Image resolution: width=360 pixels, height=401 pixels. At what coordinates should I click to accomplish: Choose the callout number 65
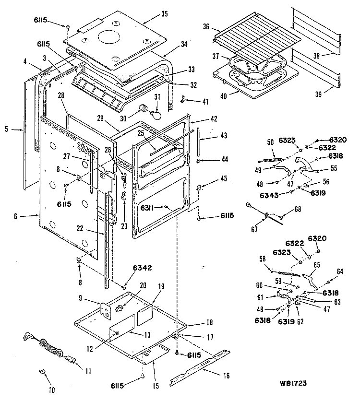[x=317, y=264]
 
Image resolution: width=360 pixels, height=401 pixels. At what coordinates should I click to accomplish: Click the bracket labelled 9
[x=105, y=309]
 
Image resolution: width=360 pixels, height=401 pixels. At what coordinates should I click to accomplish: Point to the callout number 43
[x=210, y=136]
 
